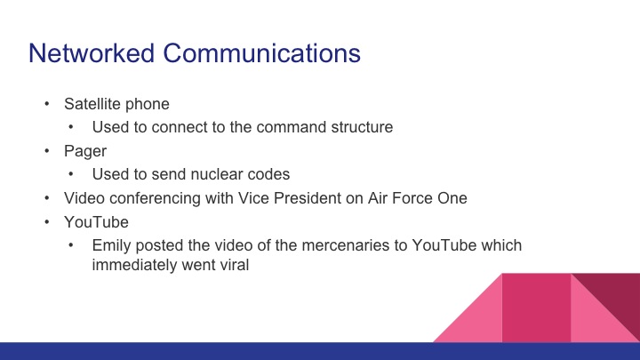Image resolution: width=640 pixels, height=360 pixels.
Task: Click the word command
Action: tap(286, 127)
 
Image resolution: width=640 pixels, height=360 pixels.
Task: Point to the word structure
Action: tap(358, 127)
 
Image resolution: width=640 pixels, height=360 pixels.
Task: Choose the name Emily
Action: tap(112, 245)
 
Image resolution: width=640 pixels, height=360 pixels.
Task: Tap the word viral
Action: tap(225, 263)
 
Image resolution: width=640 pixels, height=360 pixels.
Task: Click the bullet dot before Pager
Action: tap(46, 151)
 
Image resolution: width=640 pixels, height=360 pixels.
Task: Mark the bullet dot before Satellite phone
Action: tap(46, 103)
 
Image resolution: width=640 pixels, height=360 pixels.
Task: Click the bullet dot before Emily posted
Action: tap(73, 245)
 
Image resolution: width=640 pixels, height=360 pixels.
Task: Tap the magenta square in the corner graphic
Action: tap(536, 307)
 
